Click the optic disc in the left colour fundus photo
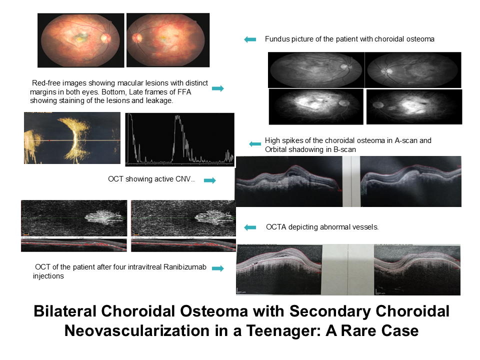(105, 38)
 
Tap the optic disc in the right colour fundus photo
(137, 38)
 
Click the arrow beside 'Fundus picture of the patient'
(250, 39)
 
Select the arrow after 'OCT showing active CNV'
(210, 180)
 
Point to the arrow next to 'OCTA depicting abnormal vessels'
(250, 227)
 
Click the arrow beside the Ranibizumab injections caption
(218, 268)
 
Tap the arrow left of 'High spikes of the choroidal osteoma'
(255, 144)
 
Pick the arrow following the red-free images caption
(218, 88)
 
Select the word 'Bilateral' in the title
(65, 311)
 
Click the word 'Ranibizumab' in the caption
(185, 267)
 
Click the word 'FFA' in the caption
(184, 92)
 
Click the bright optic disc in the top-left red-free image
(344, 66)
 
